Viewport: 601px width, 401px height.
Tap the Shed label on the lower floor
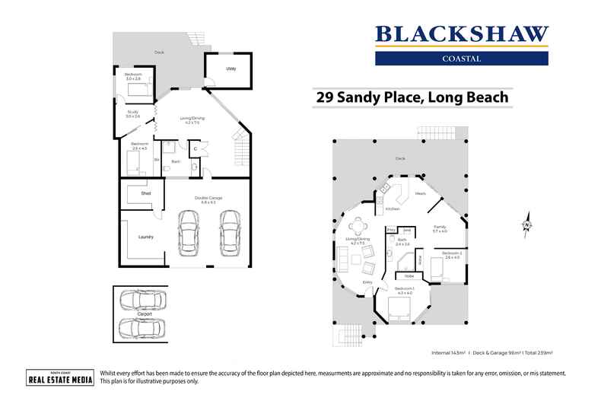145,194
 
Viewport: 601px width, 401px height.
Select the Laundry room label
146,237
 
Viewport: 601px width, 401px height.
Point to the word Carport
145,313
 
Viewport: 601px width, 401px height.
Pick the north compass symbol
525,224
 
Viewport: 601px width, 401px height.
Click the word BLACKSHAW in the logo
462,34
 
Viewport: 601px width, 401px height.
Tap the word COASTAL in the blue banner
462,57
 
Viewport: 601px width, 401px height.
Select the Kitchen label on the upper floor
392,208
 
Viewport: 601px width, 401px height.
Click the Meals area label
420,193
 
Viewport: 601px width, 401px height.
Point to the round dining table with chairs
356,225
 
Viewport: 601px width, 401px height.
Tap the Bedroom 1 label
404,290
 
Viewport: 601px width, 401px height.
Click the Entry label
367,282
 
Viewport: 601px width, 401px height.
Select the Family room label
440,228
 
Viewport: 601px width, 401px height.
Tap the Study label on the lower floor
132,113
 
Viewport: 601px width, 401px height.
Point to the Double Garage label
211,199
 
